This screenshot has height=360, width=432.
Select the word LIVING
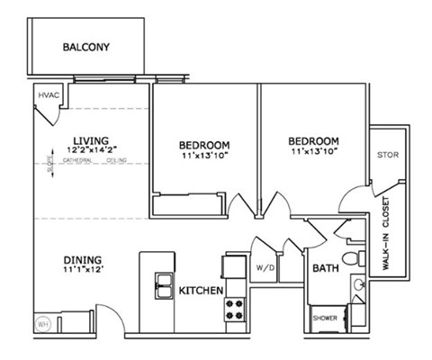pos(90,140)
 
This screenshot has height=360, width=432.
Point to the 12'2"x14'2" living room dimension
pos(90,150)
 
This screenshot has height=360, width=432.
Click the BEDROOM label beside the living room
pos(203,145)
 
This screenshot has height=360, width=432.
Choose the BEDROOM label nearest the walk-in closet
pos(313,141)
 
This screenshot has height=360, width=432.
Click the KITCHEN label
pos(201,291)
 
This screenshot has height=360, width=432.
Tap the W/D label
pos(265,268)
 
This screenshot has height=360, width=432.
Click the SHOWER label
pos(325,318)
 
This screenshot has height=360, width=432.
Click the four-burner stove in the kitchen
pos(235,310)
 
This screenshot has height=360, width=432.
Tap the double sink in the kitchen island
pos(163,287)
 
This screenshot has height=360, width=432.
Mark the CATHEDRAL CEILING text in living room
pos(94,161)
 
